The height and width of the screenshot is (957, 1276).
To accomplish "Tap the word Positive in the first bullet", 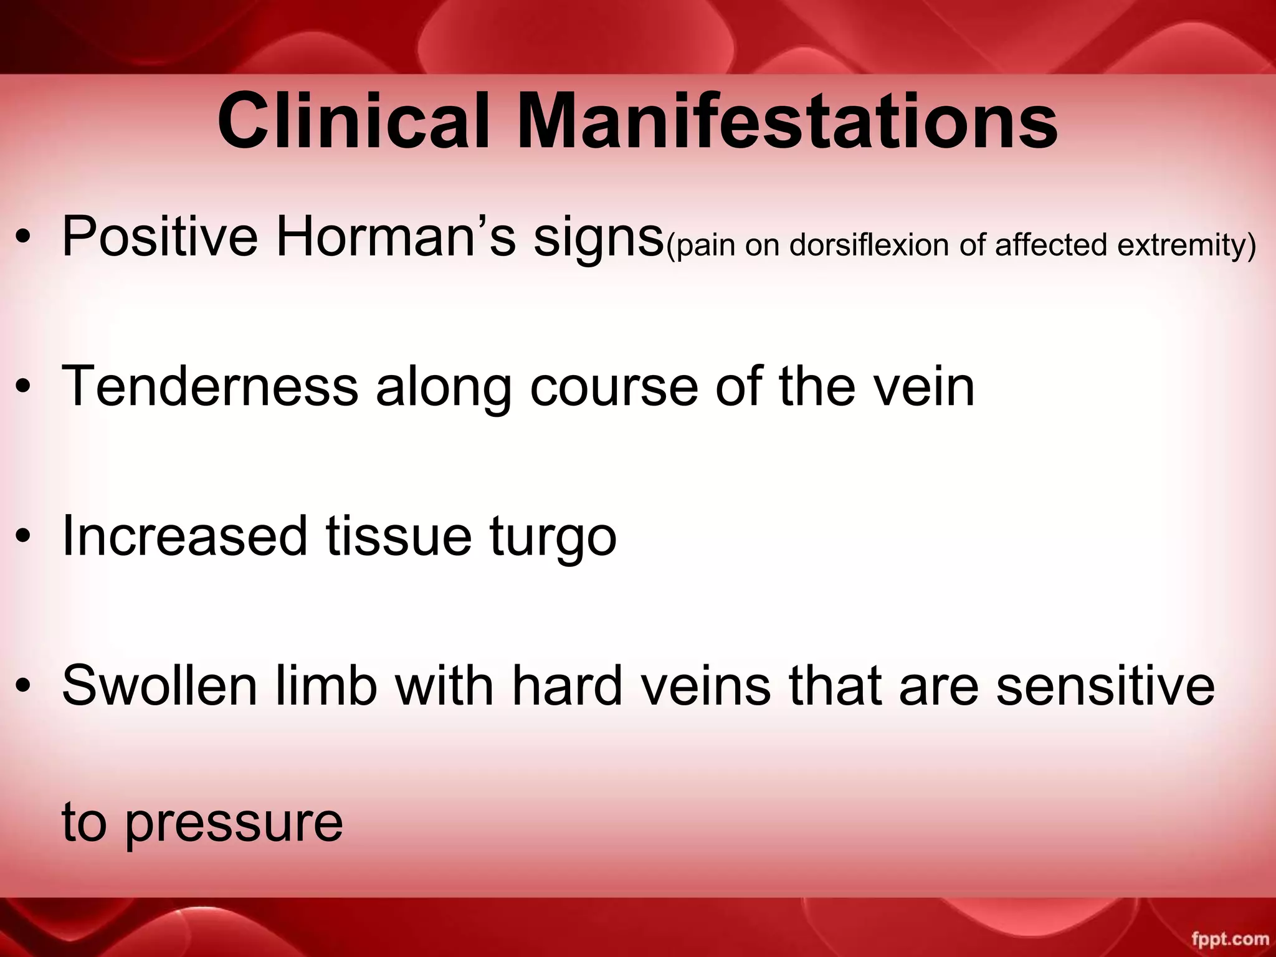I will tap(159, 237).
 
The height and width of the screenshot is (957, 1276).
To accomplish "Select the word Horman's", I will tap(396, 237).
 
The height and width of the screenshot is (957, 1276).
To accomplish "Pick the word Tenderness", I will tap(210, 386).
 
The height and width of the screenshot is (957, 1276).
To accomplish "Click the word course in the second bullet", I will tap(614, 386).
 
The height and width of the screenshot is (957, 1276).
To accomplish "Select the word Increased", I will tap(184, 536).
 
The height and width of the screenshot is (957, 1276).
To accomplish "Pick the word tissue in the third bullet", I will tap(399, 536).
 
